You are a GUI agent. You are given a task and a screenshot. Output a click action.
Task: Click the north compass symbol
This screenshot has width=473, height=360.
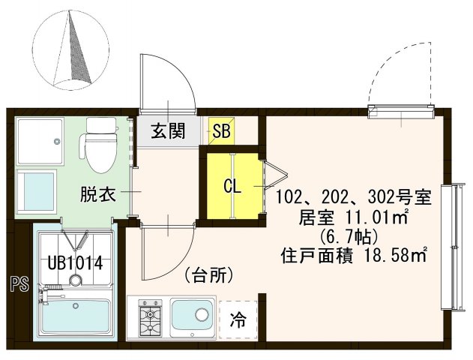(70, 51)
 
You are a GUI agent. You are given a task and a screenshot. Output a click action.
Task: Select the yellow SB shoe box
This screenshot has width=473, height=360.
(221, 132)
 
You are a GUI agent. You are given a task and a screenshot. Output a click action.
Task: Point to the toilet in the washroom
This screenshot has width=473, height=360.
(97, 144)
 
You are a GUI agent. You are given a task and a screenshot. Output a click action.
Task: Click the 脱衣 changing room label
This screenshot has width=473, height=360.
(97, 194)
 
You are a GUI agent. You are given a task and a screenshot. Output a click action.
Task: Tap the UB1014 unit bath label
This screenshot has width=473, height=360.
(75, 263)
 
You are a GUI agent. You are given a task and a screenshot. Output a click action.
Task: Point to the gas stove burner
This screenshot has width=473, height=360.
(149, 317)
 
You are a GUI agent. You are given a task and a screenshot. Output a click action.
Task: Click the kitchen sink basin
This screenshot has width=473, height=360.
(193, 319)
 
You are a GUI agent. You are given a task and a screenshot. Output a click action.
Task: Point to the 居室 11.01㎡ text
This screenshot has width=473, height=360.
(353, 218)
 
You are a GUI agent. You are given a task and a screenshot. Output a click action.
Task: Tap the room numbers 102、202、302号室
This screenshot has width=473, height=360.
(353, 198)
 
